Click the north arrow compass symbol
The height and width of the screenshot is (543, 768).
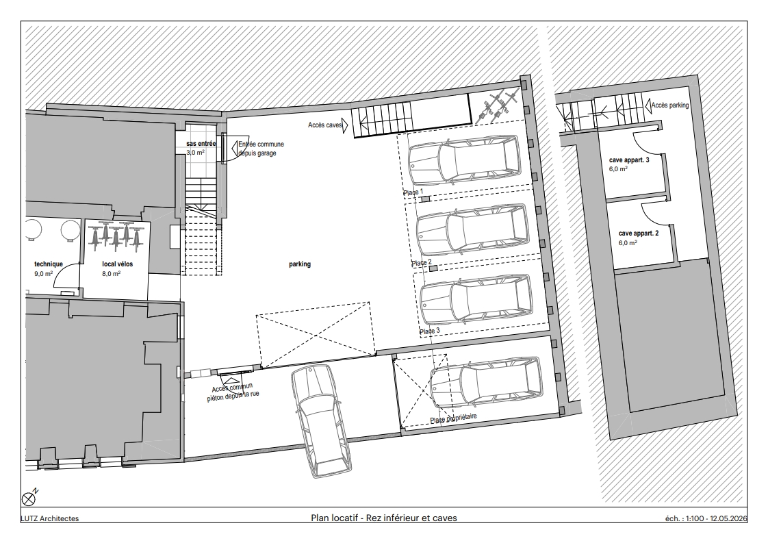pos(29,499)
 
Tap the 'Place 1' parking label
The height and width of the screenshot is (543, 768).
pos(413,192)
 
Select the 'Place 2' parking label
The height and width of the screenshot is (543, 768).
pos(421,263)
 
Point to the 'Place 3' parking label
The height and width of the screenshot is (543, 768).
pos(430,331)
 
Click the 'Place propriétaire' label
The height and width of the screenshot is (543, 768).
pos(453,418)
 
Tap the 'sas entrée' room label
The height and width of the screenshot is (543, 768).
pos(201,144)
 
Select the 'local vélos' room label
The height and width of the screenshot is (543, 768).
pos(118,264)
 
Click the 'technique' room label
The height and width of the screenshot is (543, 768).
pos(49,264)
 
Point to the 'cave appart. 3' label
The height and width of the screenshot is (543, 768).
pos(629,160)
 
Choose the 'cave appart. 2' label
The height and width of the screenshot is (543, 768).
pos(638,233)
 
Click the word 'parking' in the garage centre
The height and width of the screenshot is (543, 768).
pos(300,264)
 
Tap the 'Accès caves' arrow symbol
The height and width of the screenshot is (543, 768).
pos(345,125)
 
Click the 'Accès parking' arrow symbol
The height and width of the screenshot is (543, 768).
pos(648,105)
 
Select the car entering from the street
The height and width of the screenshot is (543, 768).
pos(321,421)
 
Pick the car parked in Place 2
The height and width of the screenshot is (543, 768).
pos(473,229)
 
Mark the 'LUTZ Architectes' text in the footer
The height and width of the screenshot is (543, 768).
pos(49,518)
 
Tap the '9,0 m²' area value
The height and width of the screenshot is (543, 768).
pos(44,273)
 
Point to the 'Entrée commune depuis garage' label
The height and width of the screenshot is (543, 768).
pos(261,149)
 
